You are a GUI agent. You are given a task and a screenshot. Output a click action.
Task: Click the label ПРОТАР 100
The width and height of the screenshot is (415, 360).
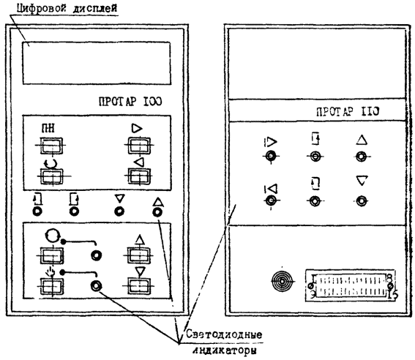tap(130, 102)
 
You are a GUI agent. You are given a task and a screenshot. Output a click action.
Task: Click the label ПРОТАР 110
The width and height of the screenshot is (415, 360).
tap(348, 111)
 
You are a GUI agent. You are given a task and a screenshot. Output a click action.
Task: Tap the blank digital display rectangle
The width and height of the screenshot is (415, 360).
tap(97, 63)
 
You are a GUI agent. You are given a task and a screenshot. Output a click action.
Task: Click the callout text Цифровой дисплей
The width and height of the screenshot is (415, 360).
tap(67, 8)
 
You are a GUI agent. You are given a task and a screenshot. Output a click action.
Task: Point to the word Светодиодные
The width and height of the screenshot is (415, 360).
tap(224, 334)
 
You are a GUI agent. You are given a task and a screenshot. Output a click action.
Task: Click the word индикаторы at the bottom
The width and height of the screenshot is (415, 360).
tap(225, 350)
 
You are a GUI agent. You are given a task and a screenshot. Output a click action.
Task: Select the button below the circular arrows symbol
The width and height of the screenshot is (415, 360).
tap(52, 176)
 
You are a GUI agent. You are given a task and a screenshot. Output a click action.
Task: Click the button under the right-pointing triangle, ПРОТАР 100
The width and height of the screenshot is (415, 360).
tap(139, 146)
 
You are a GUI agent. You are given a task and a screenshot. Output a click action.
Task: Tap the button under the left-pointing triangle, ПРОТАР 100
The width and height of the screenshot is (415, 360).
tap(139, 176)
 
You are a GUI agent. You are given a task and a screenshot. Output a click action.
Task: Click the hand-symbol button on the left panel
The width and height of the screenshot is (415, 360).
tap(52, 286)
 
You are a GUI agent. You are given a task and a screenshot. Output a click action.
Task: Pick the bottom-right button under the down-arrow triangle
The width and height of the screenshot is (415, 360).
tap(139, 286)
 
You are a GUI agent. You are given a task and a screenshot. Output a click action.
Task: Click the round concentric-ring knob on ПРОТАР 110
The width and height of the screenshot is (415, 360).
tap(282, 281)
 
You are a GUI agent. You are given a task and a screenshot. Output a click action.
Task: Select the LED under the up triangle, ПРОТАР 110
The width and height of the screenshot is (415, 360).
tap(362, 157)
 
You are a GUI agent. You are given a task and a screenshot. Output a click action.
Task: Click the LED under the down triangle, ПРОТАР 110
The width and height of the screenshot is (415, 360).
tap(362, 200)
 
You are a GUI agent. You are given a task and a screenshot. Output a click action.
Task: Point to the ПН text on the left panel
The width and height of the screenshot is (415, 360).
tap(48, 128)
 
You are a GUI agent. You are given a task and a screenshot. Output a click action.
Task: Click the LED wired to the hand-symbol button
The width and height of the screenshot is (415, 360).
tap(96, 286)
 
